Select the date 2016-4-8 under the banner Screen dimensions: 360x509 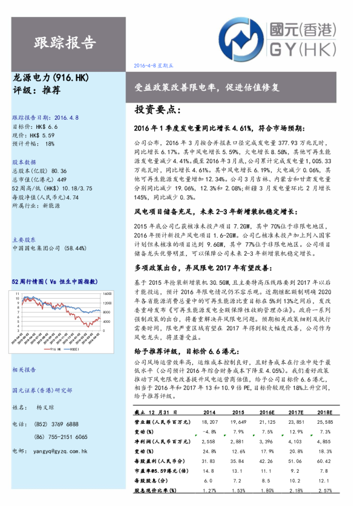coord(146,65)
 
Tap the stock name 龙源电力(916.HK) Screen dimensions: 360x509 coord(51,79)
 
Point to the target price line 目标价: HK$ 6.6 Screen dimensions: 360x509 coord(34,127)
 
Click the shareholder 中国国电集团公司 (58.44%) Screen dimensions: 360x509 coord(47,248)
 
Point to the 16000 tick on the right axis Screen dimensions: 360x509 coord(106,293)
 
